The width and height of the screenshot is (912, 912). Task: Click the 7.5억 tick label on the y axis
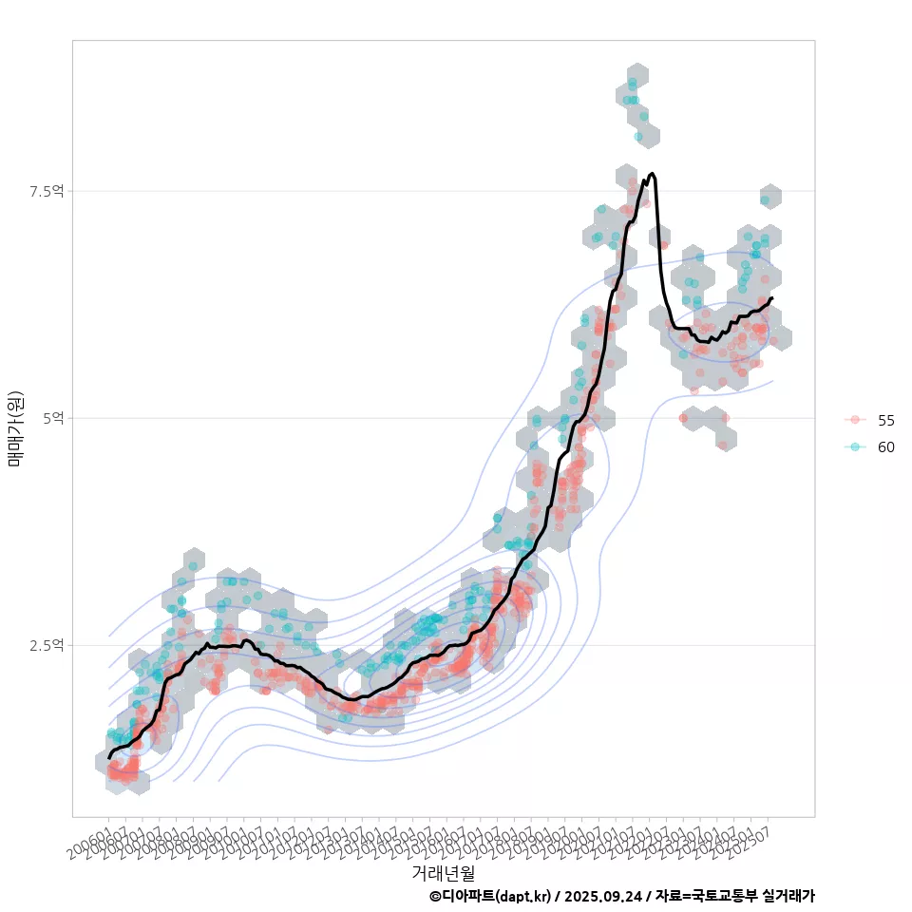[x=47, y=191]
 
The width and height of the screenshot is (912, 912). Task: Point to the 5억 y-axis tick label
[x=52, y=418]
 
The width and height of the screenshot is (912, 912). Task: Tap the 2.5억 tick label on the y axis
[x=47, y=645]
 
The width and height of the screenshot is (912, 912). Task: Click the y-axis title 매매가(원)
[x=16, y=427]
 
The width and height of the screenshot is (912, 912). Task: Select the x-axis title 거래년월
[x=443, y=872]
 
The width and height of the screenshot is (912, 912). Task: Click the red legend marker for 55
[x=855, y=420]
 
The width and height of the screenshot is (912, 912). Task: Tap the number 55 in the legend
[x=886, y=420]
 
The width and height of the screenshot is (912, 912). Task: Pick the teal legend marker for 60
[x=855, y=447]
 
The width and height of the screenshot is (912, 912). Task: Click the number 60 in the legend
[x=886, y=447]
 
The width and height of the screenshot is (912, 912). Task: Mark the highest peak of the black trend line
[x=652, y=174]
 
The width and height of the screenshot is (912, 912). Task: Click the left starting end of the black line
[x=109, y=757]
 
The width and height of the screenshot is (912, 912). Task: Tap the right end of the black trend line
[x=772, y=298]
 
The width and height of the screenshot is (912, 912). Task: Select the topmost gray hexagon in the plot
[x=637, y=75]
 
